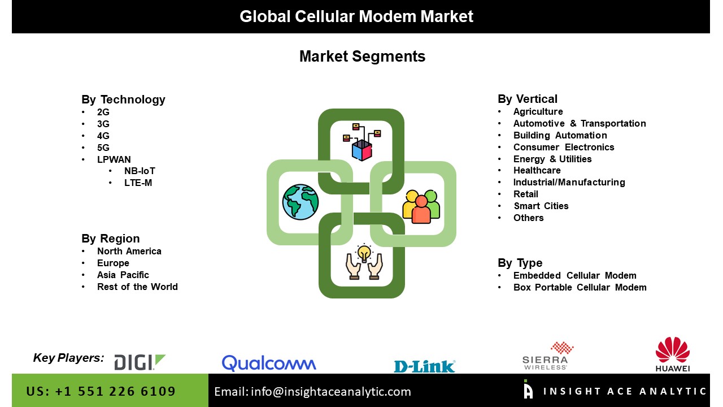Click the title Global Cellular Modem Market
pos(356,16)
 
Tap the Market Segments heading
pos(362,56)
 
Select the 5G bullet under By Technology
pos(103,148)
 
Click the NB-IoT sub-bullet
pos(140,171)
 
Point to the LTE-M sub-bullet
pos(138,183)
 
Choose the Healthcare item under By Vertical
pos(537,170)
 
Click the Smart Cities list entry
pos(541,206)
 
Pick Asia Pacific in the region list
pos(123,275)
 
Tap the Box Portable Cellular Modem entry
pos(580,287)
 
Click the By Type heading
pos(520,263)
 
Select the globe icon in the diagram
pos(300,202)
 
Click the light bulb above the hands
pos(364,253)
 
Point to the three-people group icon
pos(421,207)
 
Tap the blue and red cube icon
pos(362,150)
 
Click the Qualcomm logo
pos(269,363)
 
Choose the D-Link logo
pos(425,366)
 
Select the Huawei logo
pos(673,354)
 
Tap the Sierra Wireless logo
pos(548,356)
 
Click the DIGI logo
pos(140,362)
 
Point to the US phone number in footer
pos(101,391)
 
